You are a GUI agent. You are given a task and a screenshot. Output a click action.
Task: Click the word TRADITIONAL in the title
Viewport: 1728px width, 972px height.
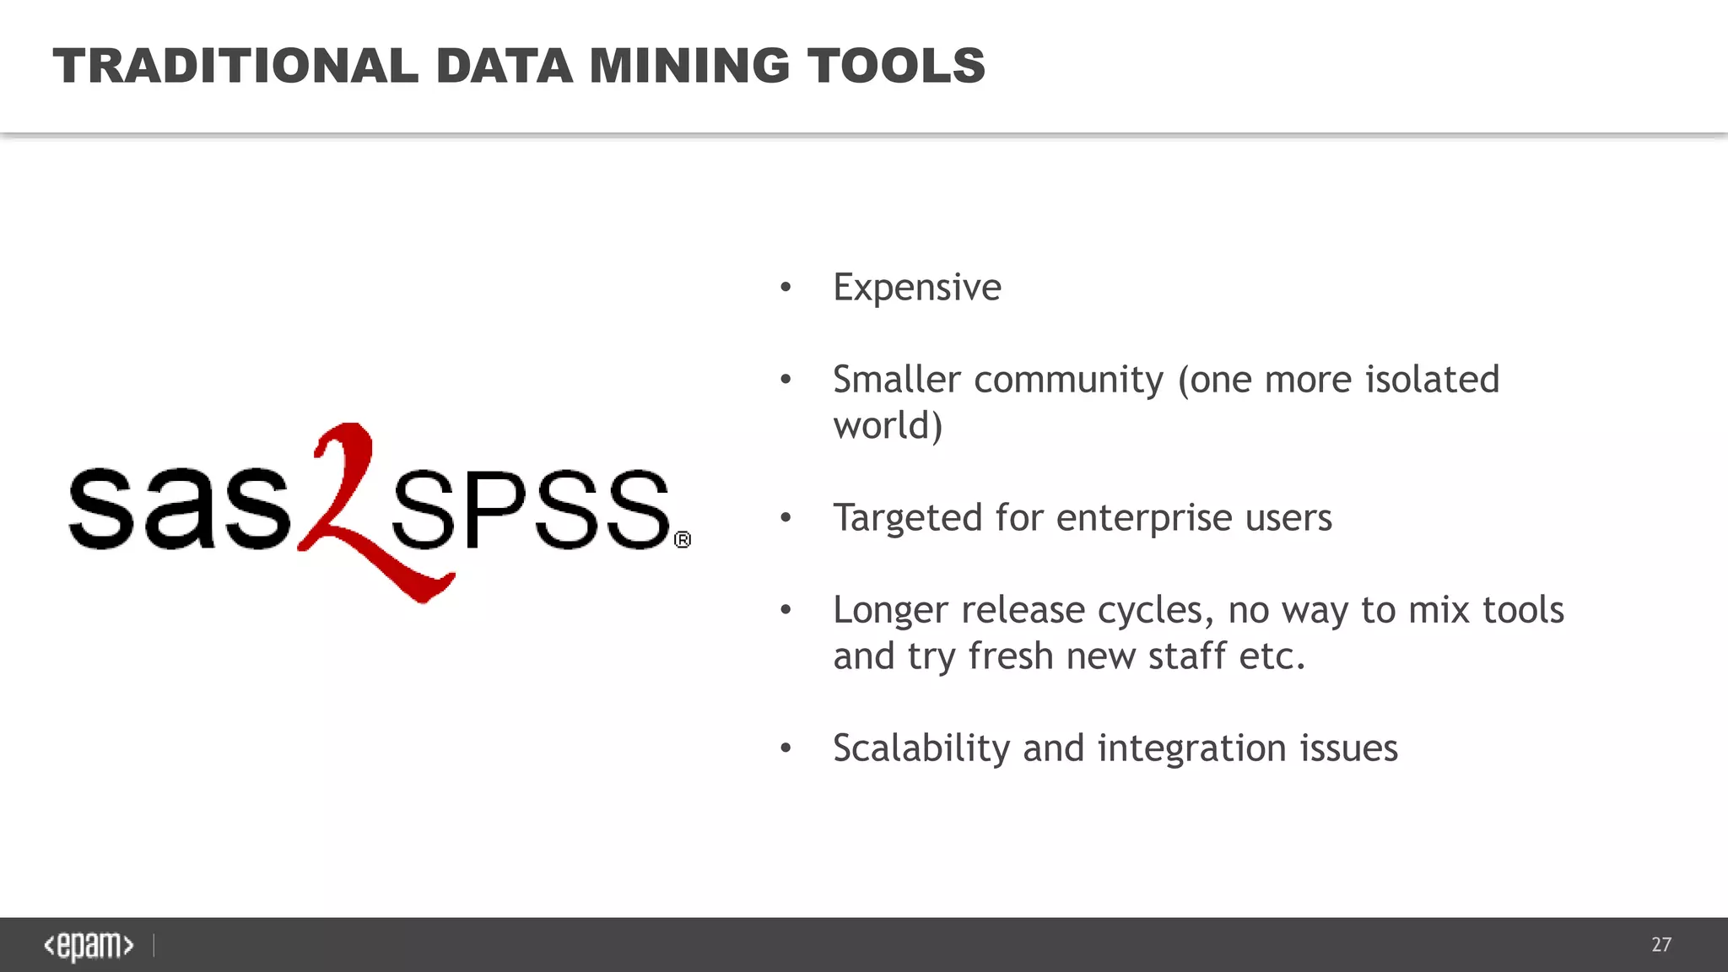tap(235, 66)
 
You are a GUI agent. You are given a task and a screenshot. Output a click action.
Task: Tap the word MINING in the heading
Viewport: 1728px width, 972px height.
tap(688, 66)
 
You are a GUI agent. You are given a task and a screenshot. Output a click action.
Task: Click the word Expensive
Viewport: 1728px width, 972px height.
tap(916, 288)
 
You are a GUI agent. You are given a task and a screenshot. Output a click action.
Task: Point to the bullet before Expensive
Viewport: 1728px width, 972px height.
tap(786, 288)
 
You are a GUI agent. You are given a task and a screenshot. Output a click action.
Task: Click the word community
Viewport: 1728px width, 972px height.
tap(1068, 381)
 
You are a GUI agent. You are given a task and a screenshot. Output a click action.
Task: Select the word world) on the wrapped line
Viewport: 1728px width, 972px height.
tap(888, 425)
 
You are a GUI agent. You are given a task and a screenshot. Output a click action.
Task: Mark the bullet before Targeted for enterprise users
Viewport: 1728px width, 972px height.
tap(786, 517)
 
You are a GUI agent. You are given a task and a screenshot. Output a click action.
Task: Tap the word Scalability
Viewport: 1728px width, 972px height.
tap(921, 748)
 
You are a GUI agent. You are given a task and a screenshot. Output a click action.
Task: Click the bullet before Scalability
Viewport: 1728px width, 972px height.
tap(786, 748)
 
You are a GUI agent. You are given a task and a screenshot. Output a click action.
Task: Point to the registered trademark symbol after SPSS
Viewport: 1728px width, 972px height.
tap(683, 539)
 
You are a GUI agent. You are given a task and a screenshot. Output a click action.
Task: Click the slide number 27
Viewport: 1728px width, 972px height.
tap(1660, 944)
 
